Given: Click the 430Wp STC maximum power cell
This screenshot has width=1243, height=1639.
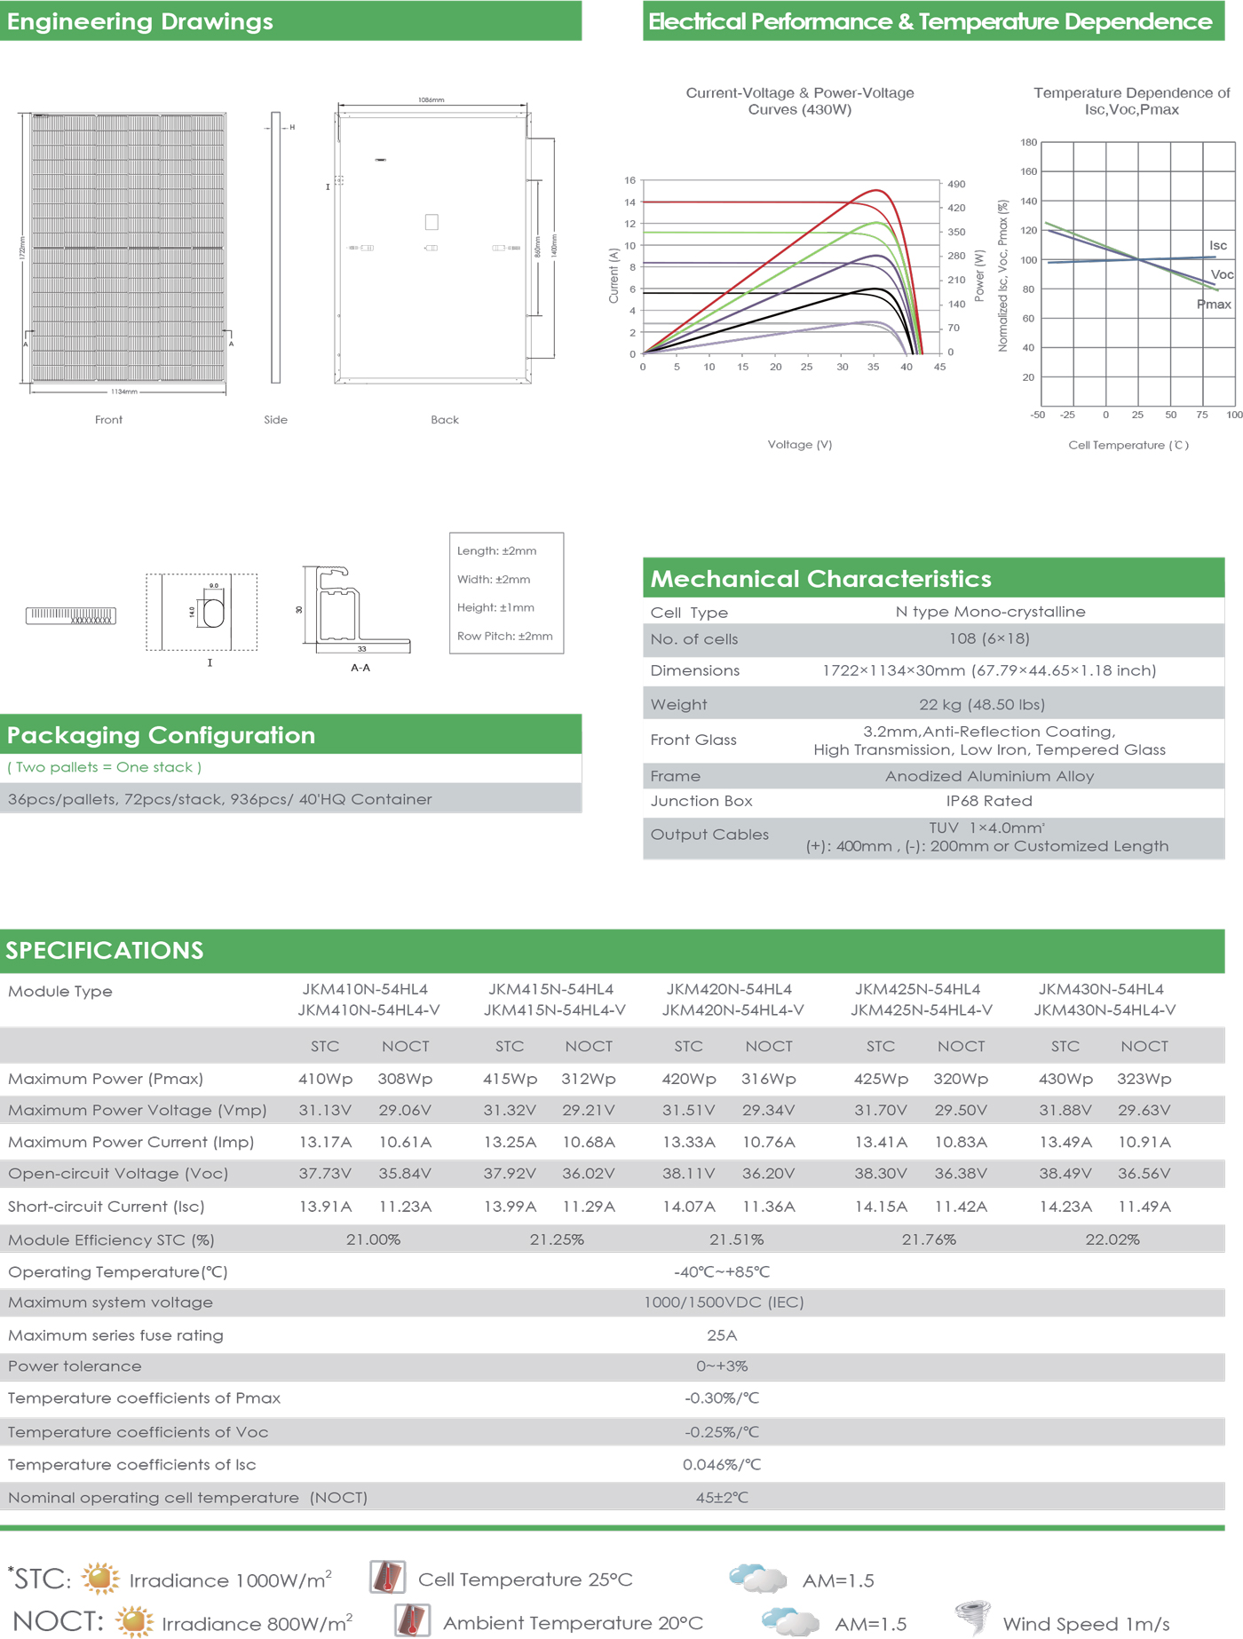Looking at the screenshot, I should (x=1065, y=1079).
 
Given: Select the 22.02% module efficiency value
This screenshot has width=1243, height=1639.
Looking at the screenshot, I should (x=1112, y=1239).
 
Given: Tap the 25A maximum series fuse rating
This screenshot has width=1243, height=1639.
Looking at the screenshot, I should (x=721, y=1335).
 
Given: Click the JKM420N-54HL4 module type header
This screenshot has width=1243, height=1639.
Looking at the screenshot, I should (x=729, y=989).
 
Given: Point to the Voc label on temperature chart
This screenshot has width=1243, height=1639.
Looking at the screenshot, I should (x=1222, y=274).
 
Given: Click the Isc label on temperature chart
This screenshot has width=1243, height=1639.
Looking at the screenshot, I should (x=1217, y=245).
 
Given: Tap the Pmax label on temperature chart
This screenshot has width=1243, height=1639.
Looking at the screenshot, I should (x=1213, y=305).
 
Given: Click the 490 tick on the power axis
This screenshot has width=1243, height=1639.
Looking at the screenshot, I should (x=956, y=185).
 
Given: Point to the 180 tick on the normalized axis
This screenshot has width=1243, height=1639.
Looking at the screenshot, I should (x=1028, y=142).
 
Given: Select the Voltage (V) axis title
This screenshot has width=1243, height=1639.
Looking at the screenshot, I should (x=799, y=444).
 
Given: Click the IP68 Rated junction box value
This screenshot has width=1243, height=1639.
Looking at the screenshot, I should (x=988, y=801).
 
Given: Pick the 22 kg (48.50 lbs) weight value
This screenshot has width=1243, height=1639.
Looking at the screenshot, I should (x=981, y=704).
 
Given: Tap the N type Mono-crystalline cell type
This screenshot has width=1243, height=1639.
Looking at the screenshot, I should (x=990, y=612).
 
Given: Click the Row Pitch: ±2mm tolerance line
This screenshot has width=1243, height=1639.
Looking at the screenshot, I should (x=504, y=636).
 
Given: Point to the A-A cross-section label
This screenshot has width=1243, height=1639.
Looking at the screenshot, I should (x=360, y=668).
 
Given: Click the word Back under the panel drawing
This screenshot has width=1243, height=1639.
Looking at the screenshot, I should (x=444, y=420).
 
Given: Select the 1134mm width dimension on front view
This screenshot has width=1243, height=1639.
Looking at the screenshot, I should (x=124, y=392).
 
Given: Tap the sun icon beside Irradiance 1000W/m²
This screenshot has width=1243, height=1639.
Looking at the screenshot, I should (x=100, y=1579).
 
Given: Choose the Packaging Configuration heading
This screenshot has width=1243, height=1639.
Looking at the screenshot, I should (x=161, y=735).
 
